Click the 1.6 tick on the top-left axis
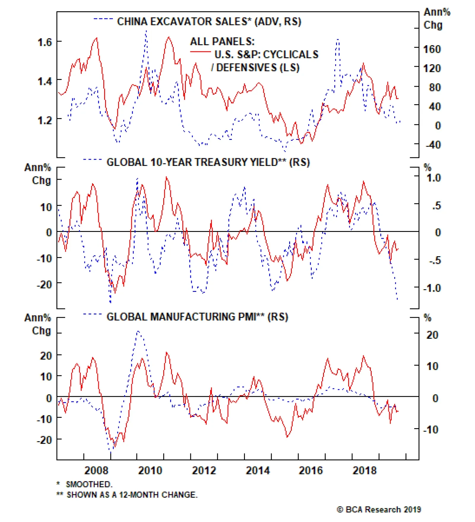tap(45, 42)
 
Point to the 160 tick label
tap(432, 49)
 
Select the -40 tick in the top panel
tap(433, 145)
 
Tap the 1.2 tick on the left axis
tap(45, 120)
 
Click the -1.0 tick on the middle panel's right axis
tap(432, 288)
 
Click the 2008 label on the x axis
tap(96, 471)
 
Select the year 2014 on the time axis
tap(258, 471)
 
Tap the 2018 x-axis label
tap(365, 471)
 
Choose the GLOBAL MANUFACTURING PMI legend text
tap(181, 317)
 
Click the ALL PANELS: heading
tap(222, 41)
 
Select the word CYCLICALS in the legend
tap(291, 54)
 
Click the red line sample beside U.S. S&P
tap(200, 52)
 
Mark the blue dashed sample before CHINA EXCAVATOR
tap(103, 19)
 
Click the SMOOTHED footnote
tap(89, 484)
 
